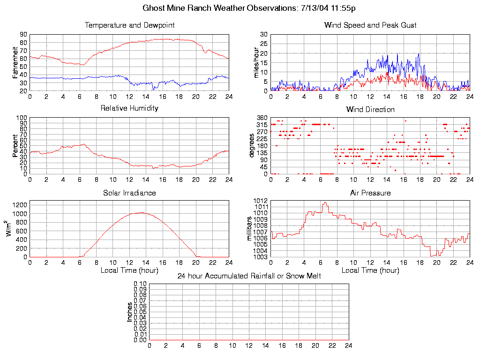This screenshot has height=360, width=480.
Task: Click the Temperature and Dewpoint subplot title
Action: pyautogui.click(x=129, y=25)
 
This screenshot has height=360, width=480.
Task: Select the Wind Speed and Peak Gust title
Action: pyautogui.click(x=370, y=25)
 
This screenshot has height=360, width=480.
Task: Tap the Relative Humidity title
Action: pyautogui.click(x=129, y=108)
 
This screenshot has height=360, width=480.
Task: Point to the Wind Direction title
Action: pyautogui.click(x=370, y=109)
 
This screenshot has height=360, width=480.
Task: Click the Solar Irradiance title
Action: pyautogui.click(x=129, y=193)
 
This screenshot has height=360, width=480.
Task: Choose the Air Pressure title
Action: pyautogui.click(x=370, y=193)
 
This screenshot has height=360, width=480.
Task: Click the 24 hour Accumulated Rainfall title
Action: pyautogui.click(x=249, y=276)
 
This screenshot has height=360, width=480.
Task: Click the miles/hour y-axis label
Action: pyautogui.click(x=256, y=62)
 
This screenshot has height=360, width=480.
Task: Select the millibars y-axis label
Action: pyautogui.click(x=250, y=229)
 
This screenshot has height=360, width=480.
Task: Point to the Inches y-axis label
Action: pyautogui.click(x=129, y=312)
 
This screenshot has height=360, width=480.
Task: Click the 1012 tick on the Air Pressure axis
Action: pyautogui.click(x=261, y=201)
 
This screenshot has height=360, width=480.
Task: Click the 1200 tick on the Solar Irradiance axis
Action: pyautogui.click(x=20, y=204)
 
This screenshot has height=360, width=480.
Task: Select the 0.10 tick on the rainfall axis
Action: pyautogui.click(x=140, y=284)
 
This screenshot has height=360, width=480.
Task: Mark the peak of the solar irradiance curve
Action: pyautogui.click(x=141, y=212)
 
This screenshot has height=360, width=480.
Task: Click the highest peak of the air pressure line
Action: pyautogui.click(x=324, y=202)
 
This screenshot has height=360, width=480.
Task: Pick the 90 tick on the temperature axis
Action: pyautogui.click(x=23, y=34)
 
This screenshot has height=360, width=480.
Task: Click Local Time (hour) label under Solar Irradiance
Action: pyautogui.click(x=129, y=270)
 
